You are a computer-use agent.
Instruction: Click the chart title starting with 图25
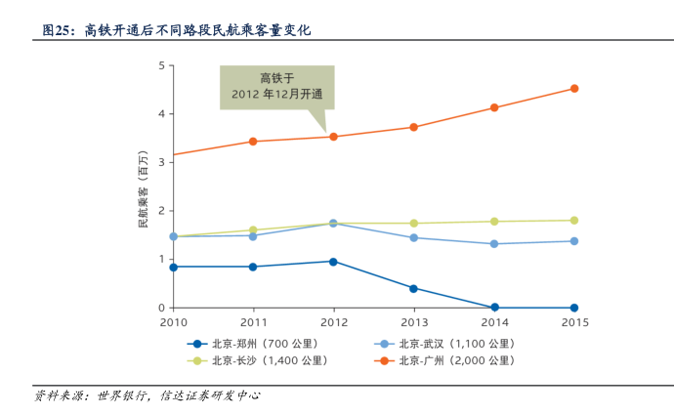pyautogui.click(x=176, y=30)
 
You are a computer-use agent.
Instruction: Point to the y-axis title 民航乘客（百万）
pyautogui.click(x=143, y=189)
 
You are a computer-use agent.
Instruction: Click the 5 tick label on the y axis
pyautogui.click(x=161, y=65)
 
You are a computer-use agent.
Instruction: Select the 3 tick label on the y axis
pyautogui.click(x=161, y=162)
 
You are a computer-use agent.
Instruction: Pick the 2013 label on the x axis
pyautogui.click(x=414, y=322)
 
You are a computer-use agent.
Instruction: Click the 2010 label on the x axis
pyautogui.click(x=173, y=322)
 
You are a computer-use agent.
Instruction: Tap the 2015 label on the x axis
pyautogui.click(x=574, y=322)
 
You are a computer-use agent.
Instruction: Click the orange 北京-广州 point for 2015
pyautogui.click(x=574, y=89)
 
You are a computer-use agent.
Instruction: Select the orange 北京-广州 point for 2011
pyautogui.click(x=253, y=142)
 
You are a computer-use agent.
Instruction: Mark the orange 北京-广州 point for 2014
pyautogui.click(x=494, y=107)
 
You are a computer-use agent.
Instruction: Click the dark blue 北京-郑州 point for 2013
pyautogui.click(x=414, y=289)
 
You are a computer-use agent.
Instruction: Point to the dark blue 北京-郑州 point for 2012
pyautogui.click(x=334, y=262)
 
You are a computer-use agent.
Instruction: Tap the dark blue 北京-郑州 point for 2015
pyautogui.click(x=574, y=308)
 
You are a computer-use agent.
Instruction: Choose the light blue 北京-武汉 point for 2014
pyautogui.click(x=494, y=244)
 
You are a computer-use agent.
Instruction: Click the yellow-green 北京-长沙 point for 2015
pyautogui.click(x=574, y=221)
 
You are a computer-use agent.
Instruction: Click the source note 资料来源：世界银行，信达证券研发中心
pyautogui.click(x=147, y=395)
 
